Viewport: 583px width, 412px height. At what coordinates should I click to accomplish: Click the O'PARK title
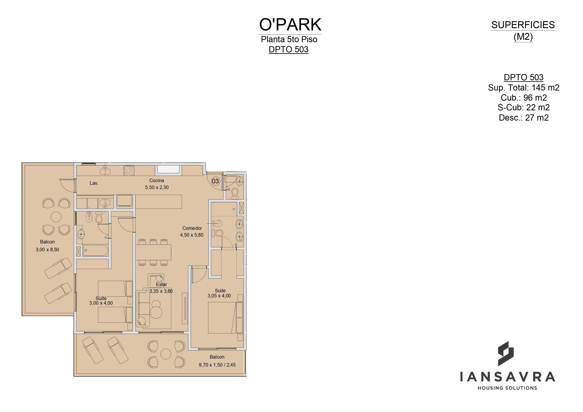(290, 25)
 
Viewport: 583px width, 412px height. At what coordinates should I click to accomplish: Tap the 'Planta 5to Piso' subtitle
(289, 39)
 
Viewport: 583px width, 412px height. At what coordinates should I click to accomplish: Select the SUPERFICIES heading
(523, 25)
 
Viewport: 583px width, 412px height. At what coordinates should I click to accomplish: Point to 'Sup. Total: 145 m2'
(524, 88)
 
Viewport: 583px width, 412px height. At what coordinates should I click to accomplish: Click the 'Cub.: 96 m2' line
(524, 98)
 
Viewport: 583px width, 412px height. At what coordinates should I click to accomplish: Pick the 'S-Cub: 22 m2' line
(524, 108)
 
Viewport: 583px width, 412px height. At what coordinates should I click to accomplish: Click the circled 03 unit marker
(215, 181)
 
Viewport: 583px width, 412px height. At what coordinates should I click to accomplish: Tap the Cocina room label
(157, 181)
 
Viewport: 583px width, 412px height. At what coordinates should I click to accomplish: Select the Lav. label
(94, 183)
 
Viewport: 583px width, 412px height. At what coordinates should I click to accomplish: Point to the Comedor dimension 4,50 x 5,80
(192, 235)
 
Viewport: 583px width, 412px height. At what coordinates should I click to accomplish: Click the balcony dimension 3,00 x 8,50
(47, 250)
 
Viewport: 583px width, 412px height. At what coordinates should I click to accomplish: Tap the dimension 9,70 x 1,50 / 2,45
(217, 365)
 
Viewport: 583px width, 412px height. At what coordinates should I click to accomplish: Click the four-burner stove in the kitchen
(129, 170)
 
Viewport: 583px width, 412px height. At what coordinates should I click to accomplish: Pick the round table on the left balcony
(56, 217)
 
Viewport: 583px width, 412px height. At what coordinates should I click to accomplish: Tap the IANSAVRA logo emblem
(506, 354)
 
